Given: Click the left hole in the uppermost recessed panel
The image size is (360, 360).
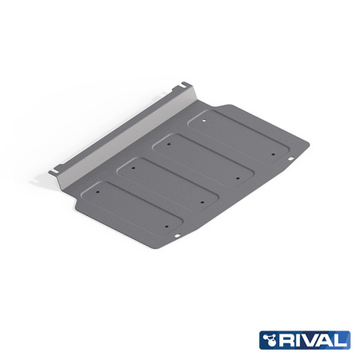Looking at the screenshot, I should [202, 122].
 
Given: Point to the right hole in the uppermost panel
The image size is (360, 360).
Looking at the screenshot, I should [273, 152].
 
